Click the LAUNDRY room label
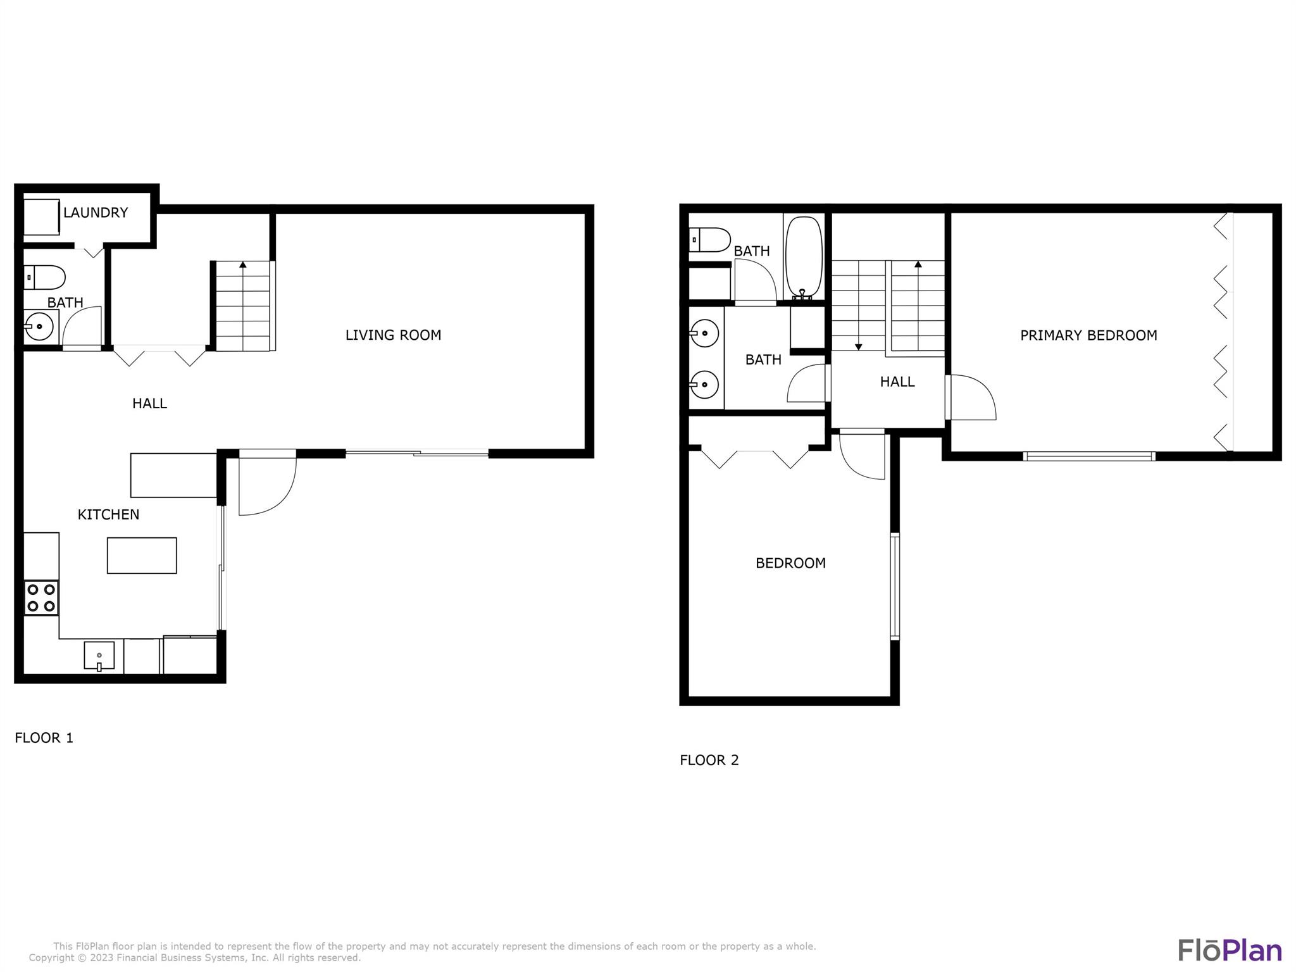(96, 213)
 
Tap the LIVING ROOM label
(393, 335)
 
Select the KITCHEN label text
(108, 514)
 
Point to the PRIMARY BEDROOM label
(1088, 335)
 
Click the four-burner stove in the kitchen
(41, 598)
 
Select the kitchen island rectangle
(142, 556)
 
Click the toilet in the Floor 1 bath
(44, 277)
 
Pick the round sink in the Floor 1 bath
(39, 327)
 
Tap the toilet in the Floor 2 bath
(709, 240)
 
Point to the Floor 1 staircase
(243, 306)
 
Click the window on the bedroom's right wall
(895, 586)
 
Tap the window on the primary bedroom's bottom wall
(1089, 456)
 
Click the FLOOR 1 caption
(44, 738)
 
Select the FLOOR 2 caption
(709, 760)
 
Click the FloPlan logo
(1230, 950)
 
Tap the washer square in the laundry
(42, 217)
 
